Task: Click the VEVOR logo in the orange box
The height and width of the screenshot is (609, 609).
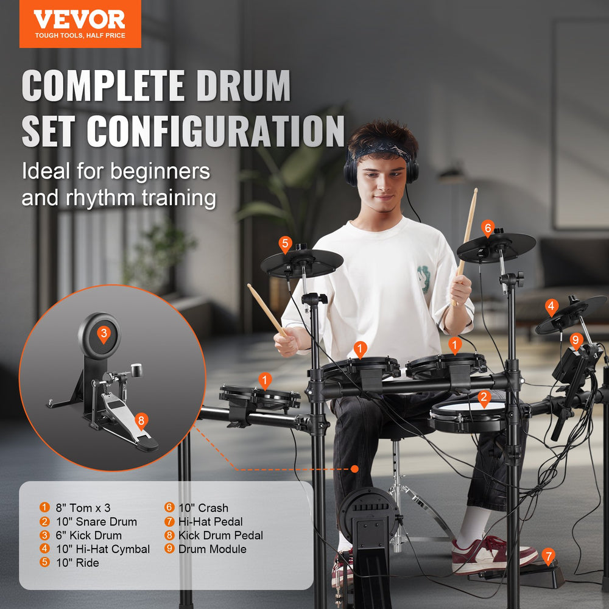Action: click(x=79, y=19)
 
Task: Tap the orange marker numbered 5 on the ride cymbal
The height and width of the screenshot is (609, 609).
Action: click(x=285, y=244)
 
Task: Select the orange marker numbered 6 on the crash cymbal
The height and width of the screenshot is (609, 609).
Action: click(x=487, y=228)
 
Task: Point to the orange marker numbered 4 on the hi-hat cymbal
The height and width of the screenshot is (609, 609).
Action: click(x=552, y=306)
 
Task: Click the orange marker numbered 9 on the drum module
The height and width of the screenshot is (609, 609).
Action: click(x=576, y=340)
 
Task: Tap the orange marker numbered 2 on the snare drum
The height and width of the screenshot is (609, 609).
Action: click(x=484, y=398)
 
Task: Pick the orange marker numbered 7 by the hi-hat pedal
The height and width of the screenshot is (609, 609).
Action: click(x=549, y=555)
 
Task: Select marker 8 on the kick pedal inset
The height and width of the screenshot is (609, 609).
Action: click(x=141, y=421)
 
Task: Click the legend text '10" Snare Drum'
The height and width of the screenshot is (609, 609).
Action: click(x=97, y=522)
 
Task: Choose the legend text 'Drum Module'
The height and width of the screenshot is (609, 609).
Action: click(x=213, y=549)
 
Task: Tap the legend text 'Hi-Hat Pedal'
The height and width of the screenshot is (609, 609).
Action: click(x=211, y=522)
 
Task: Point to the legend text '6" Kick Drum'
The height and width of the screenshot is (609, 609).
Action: click(x=89, y=536)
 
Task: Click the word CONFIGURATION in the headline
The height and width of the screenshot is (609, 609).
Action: click(x=216, y=130)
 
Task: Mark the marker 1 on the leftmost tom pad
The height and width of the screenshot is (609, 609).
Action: click(x=264, y=381)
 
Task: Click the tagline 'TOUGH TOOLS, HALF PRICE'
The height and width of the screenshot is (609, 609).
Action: click(x=80, y=36)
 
